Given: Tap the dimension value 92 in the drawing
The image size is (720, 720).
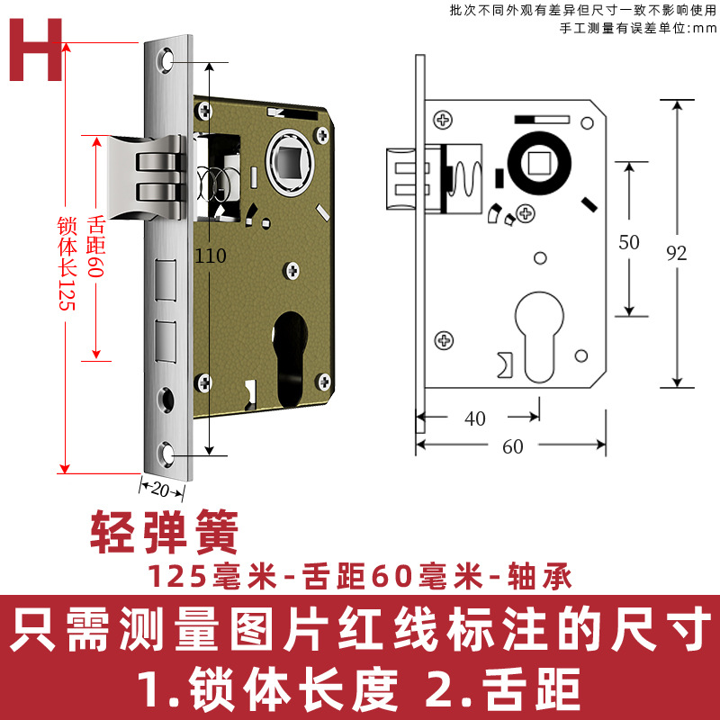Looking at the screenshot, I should click(677, 253).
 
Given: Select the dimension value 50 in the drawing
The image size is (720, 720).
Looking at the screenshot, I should click(630, 241).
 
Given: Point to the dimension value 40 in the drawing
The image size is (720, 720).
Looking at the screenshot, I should click(475, 418).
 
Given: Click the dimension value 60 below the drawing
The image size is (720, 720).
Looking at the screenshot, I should click(512, 447).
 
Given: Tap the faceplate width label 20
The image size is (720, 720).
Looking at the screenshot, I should click(161, 489).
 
